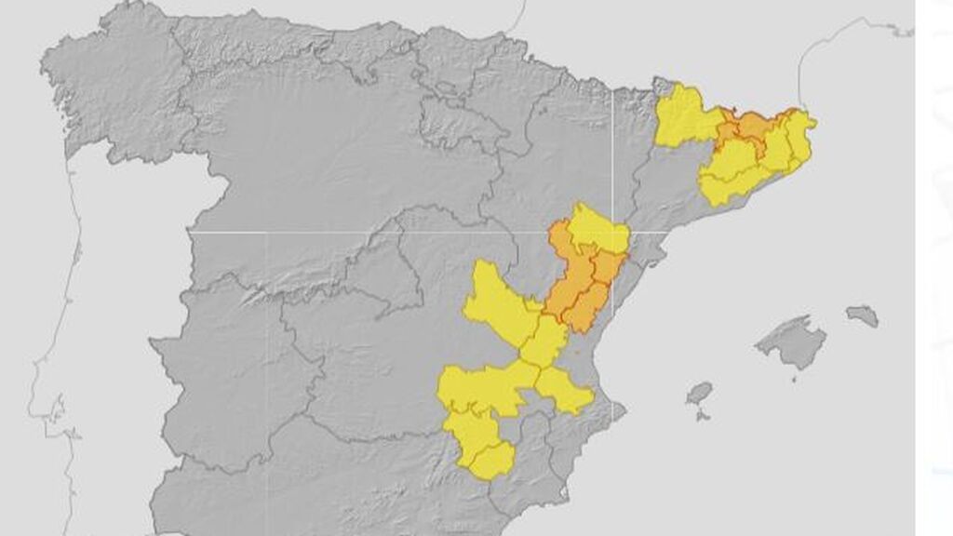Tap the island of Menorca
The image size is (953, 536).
863,315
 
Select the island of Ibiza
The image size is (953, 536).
699,393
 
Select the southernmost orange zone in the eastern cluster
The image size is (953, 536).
584,312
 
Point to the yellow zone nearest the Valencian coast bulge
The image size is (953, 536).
564,389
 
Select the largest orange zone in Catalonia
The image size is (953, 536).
752,129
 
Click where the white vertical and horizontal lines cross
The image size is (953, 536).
611,231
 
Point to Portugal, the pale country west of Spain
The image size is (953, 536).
93,307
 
